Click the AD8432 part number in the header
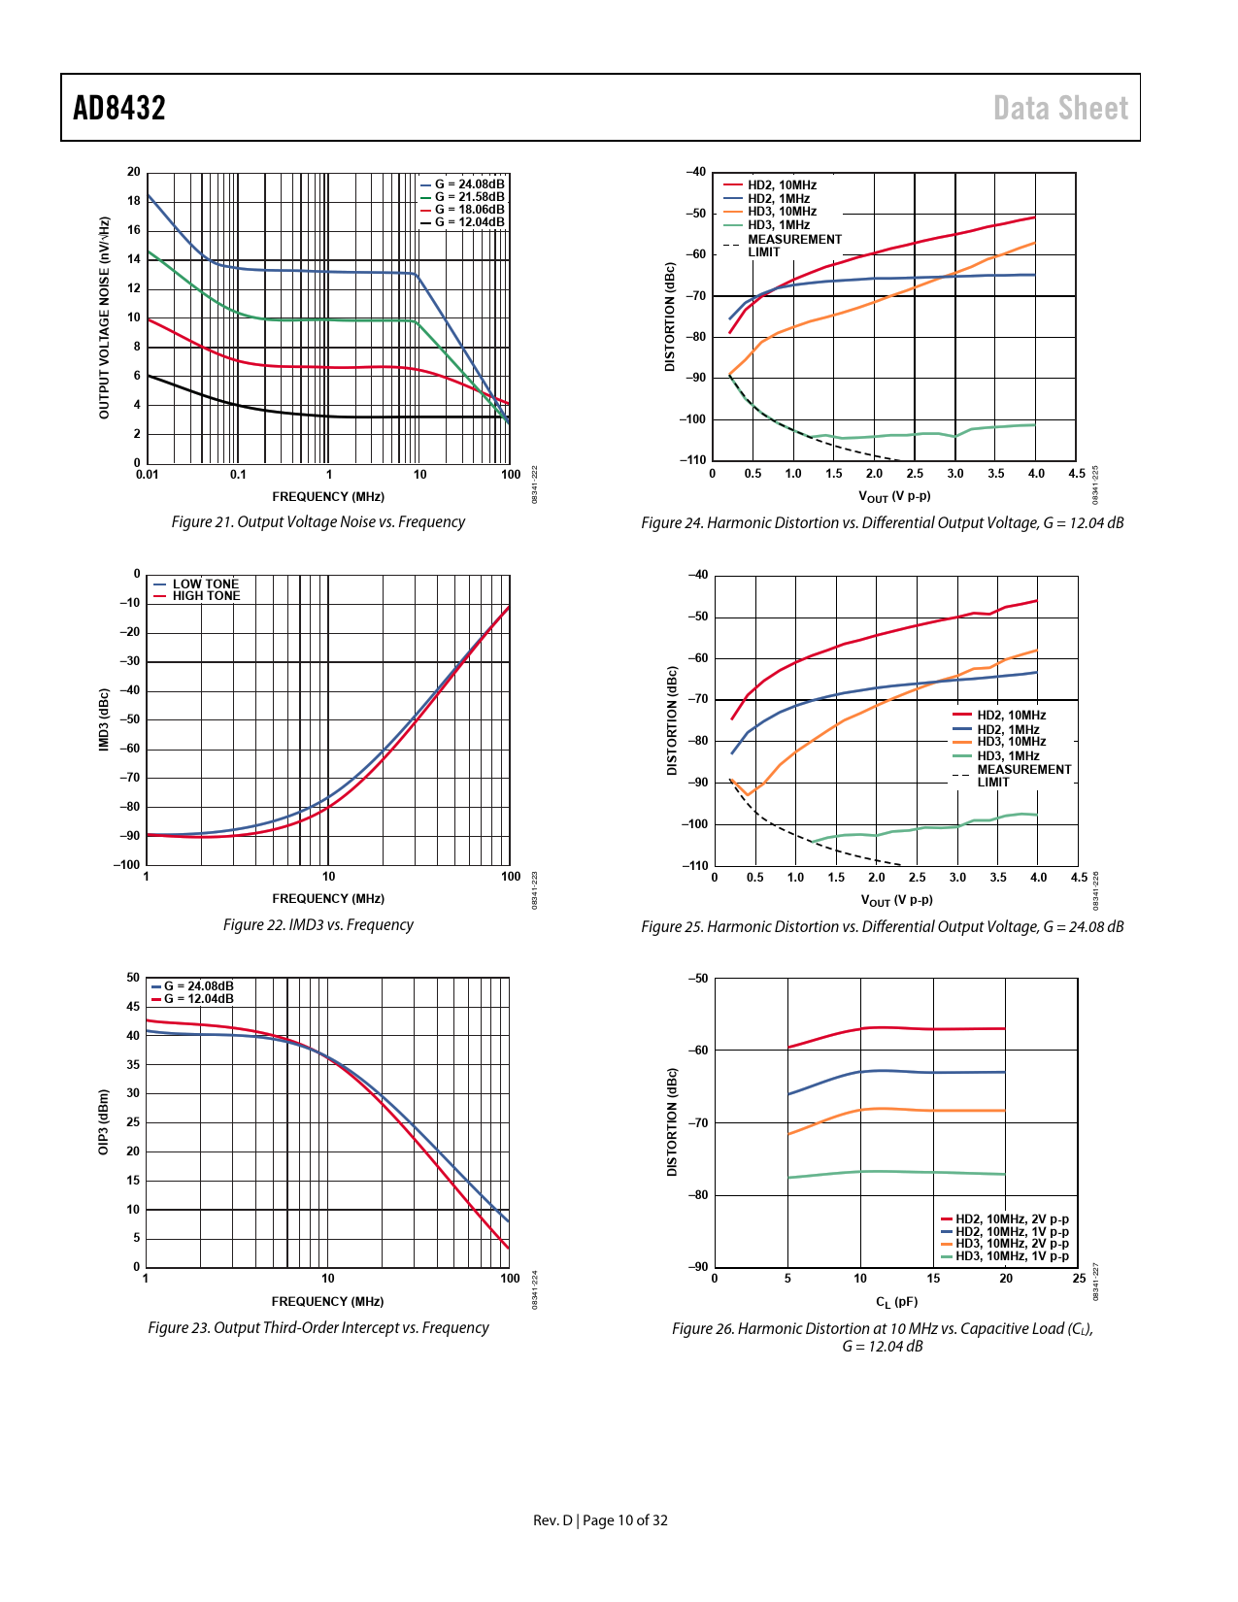(119, 108)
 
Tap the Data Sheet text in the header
(1060, 108)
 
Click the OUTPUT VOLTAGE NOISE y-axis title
(104, 317)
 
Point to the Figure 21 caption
(318, 522)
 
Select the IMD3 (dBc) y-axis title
(104, 719)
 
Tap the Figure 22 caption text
(318, 925)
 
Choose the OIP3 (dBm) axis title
(104, 1121)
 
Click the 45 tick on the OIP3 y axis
(133, 1007)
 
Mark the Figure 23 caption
(318, 1328)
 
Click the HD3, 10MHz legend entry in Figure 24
(782, 212)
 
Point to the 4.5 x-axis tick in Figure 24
(1077, 474)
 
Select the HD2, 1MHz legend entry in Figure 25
(1008, 729)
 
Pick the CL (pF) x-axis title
(896, 1302)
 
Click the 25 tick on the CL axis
(1079, 1279)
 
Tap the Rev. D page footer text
(600, 1520)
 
